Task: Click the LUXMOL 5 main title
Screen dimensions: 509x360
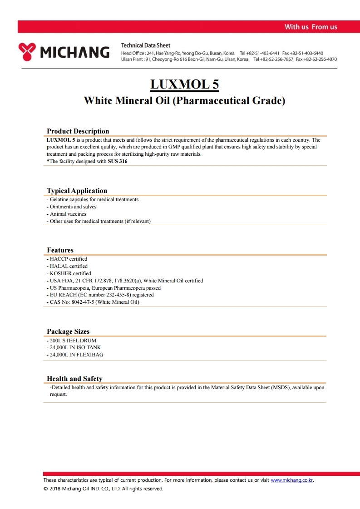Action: pos(184,84)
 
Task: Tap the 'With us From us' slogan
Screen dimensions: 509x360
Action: pos(311,27)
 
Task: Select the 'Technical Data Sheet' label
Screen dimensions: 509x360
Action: pos(146,45)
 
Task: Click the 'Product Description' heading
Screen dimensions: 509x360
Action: pos(78,131)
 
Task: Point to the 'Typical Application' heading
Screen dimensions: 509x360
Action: pos(77,191)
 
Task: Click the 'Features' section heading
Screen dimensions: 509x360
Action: pos(60,250)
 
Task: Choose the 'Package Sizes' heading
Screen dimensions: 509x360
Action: pos(69,331)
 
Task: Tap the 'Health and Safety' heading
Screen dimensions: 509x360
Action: pos(75,379)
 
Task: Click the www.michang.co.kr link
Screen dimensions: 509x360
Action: pos(292,480)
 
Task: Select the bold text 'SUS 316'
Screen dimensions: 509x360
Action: pos(118,161)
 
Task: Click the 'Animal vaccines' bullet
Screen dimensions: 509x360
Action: pos(68,214)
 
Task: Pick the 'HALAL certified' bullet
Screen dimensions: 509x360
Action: pos(69,266)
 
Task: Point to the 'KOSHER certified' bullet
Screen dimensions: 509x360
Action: pos(70,273)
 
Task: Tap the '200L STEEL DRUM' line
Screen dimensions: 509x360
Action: pos(73,341)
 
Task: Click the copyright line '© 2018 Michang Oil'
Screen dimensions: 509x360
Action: pos(103,489)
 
